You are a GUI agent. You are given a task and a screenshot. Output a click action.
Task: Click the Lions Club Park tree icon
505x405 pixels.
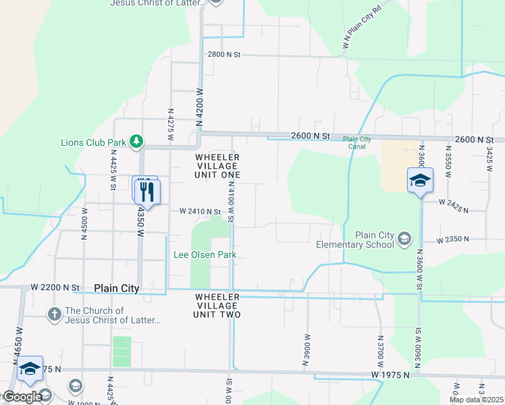[137, 140]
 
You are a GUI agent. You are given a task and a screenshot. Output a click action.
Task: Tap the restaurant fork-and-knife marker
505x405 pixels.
[147, 192]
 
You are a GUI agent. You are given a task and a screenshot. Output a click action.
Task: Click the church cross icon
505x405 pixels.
[55, 314]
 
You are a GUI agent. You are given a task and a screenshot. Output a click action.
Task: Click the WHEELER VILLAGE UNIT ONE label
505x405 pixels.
[217, 166]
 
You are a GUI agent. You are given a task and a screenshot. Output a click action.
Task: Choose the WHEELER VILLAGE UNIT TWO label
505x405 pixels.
[217, 306]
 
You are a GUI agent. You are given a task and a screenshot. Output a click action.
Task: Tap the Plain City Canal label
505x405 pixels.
[357, 142]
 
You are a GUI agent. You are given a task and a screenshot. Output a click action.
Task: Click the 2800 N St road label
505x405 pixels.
[224, 54]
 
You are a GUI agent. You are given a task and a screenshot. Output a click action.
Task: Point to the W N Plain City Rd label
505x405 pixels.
[363, 28]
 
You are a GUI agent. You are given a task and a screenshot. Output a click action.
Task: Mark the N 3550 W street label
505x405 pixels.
[448, 161]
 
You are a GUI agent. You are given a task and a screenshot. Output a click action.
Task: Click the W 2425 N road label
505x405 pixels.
[453, 205]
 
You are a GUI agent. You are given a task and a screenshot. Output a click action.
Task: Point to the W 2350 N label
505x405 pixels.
[452, 240]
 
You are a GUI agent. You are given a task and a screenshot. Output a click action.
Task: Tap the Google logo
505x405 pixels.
[22, 397]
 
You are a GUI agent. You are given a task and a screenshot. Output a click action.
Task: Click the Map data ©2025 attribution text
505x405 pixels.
[477, 400]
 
